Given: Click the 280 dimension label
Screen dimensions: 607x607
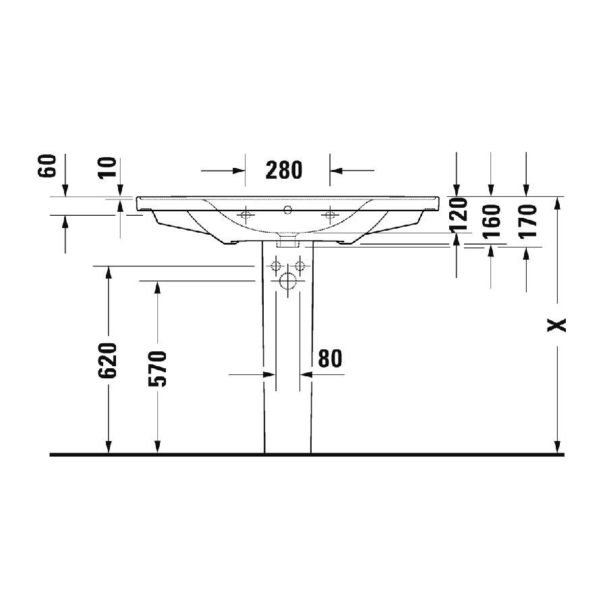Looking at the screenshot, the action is (284, 170).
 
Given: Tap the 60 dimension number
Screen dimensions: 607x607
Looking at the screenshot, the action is (47, 166).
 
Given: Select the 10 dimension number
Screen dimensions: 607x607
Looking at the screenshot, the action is (107, 167).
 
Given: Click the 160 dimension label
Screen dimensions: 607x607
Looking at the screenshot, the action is (492, 221).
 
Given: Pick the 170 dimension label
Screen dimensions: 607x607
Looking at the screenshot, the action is (527, 221).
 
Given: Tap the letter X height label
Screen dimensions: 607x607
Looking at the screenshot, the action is (556, 325).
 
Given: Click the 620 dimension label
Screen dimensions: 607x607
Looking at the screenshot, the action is (107, 360).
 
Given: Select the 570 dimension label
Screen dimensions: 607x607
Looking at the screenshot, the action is (157, 368).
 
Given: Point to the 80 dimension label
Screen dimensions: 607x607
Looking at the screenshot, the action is (330, 359).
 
